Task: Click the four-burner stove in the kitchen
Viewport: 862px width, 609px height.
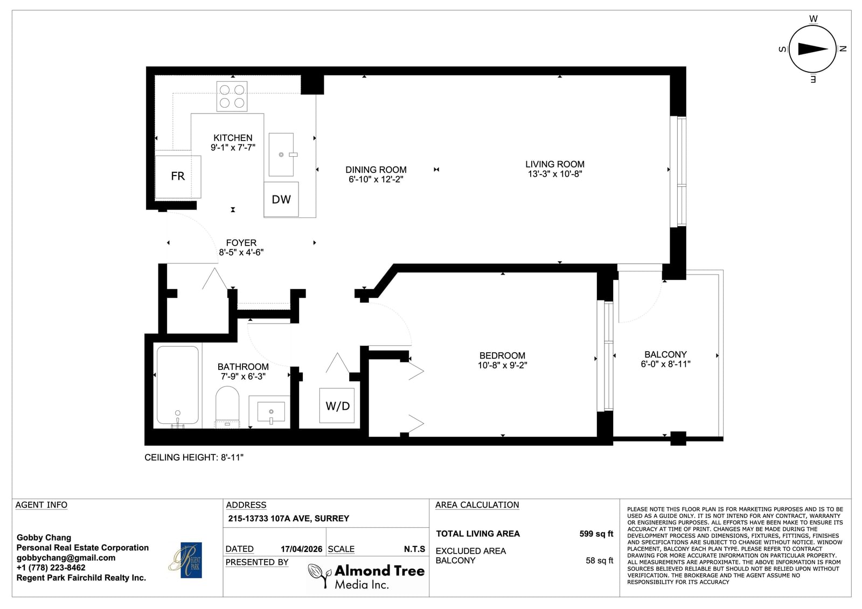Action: (x=232, y=96)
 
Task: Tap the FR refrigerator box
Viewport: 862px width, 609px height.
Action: (x=178, y=177)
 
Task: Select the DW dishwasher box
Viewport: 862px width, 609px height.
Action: (x=281, y=199)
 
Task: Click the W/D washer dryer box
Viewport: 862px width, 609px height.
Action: (x=337, y=406)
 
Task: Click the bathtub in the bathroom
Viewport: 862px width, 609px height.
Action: (x=177, y=385)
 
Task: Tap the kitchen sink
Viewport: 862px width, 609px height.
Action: (x=281, y=155)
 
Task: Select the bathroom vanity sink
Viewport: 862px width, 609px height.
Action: (x=271, y=412)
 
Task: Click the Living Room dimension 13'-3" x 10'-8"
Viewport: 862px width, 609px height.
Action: (x=555, y=174)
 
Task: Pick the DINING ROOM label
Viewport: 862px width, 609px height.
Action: (x=376, y=170)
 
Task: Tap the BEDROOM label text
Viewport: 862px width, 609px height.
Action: (x=502, y=355)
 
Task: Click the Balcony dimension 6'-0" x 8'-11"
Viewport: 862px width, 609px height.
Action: (x=665, y=364)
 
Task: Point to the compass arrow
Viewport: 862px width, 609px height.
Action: (x=812, y=49)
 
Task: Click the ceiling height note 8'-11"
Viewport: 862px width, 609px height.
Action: (x=194, y=457)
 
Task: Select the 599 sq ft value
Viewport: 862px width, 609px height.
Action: (x=596, y=534)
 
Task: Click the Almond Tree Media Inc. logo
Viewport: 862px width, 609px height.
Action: (x=366, y=577)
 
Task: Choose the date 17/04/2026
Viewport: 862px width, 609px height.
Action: (x=301, y=549)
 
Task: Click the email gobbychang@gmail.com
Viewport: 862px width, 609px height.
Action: (x=66, y=558)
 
